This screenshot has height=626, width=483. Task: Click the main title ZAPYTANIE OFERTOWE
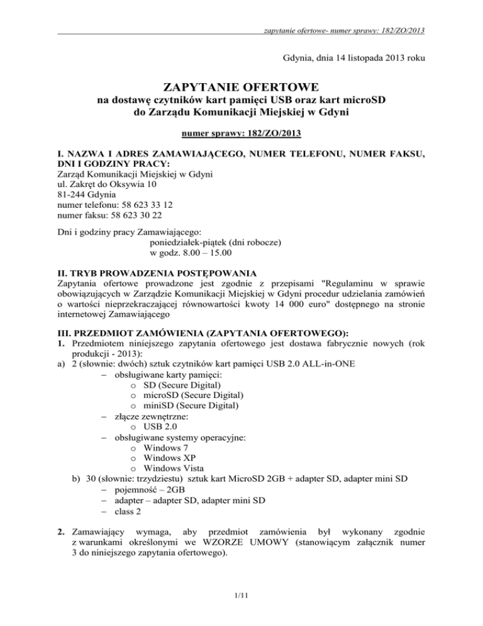241,86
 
